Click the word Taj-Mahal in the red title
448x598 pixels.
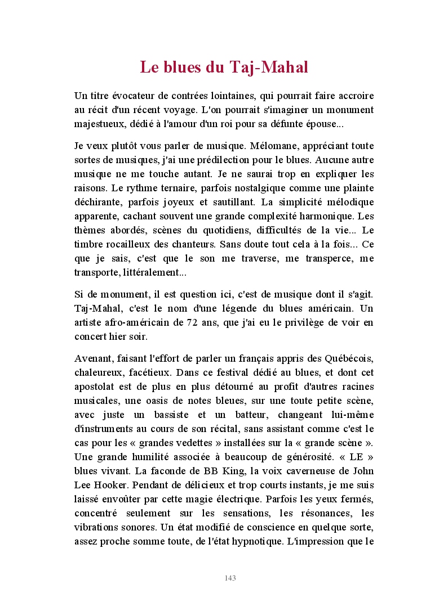269,68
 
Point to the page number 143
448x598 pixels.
230,578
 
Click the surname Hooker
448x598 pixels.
113,485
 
